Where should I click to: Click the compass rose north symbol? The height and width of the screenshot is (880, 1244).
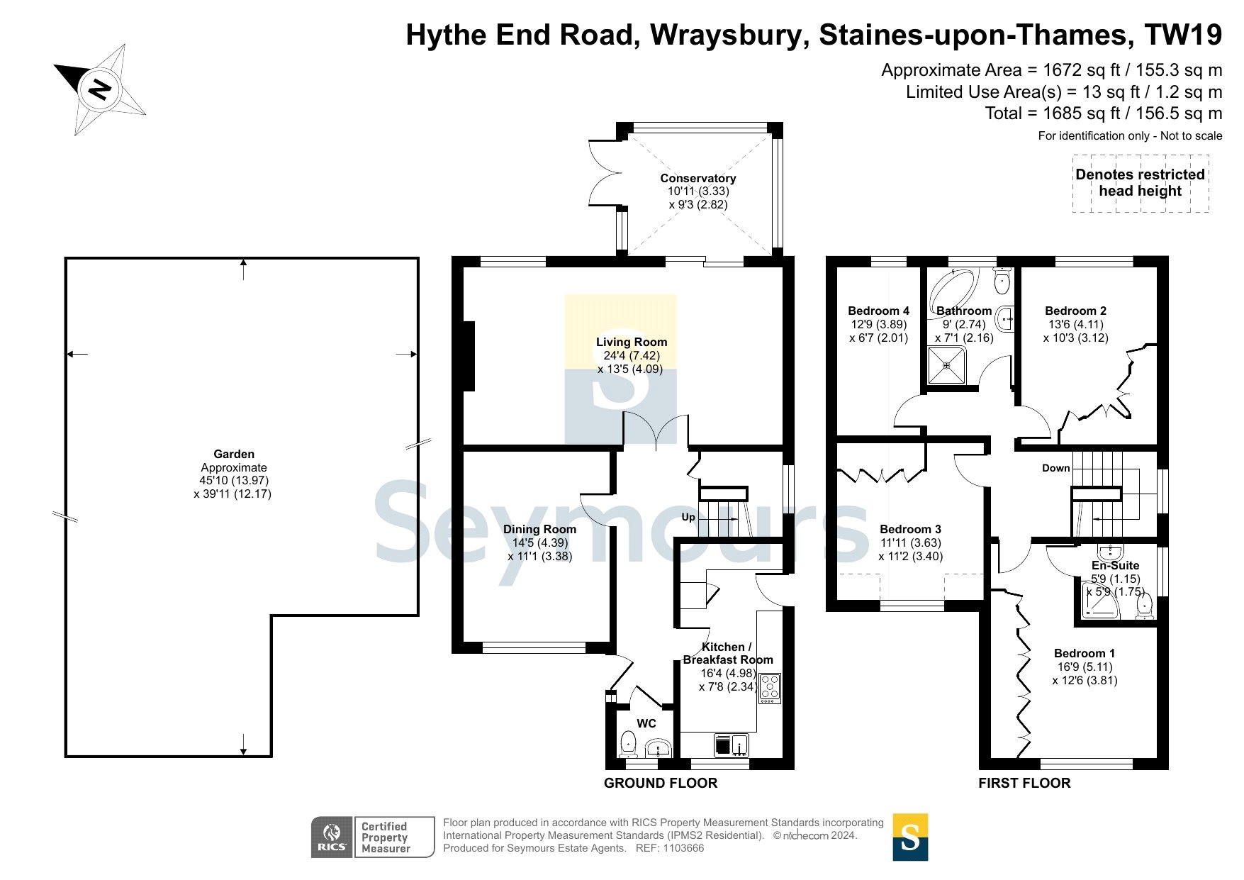point(100,89)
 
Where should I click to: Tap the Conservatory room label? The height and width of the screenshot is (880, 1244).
point(698,178)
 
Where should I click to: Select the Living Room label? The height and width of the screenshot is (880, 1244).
point(632,342)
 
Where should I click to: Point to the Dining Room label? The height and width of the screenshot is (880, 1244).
point(539,529)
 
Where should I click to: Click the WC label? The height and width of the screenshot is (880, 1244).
point(646,723)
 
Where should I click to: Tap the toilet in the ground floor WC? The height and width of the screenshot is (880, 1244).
point(628,744)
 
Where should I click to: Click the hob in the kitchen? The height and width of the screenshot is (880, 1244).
point(770,688)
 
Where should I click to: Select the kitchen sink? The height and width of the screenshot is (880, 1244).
point(731,745)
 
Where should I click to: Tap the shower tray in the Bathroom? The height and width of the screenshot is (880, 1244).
point(947,365)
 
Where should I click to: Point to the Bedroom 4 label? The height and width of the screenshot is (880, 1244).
point(878,311)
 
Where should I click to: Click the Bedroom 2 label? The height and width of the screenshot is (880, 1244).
point(1075,311)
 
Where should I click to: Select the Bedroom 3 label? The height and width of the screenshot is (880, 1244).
point(910,529)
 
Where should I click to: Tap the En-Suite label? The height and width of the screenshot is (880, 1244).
point(1115,565)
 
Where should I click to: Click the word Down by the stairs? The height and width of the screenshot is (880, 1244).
point(1055,468)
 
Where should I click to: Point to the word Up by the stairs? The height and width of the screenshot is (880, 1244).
point(688,517)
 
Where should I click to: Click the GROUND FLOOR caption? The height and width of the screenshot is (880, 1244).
point(661,783)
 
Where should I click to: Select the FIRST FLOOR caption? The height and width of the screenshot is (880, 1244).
point(1024,783)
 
